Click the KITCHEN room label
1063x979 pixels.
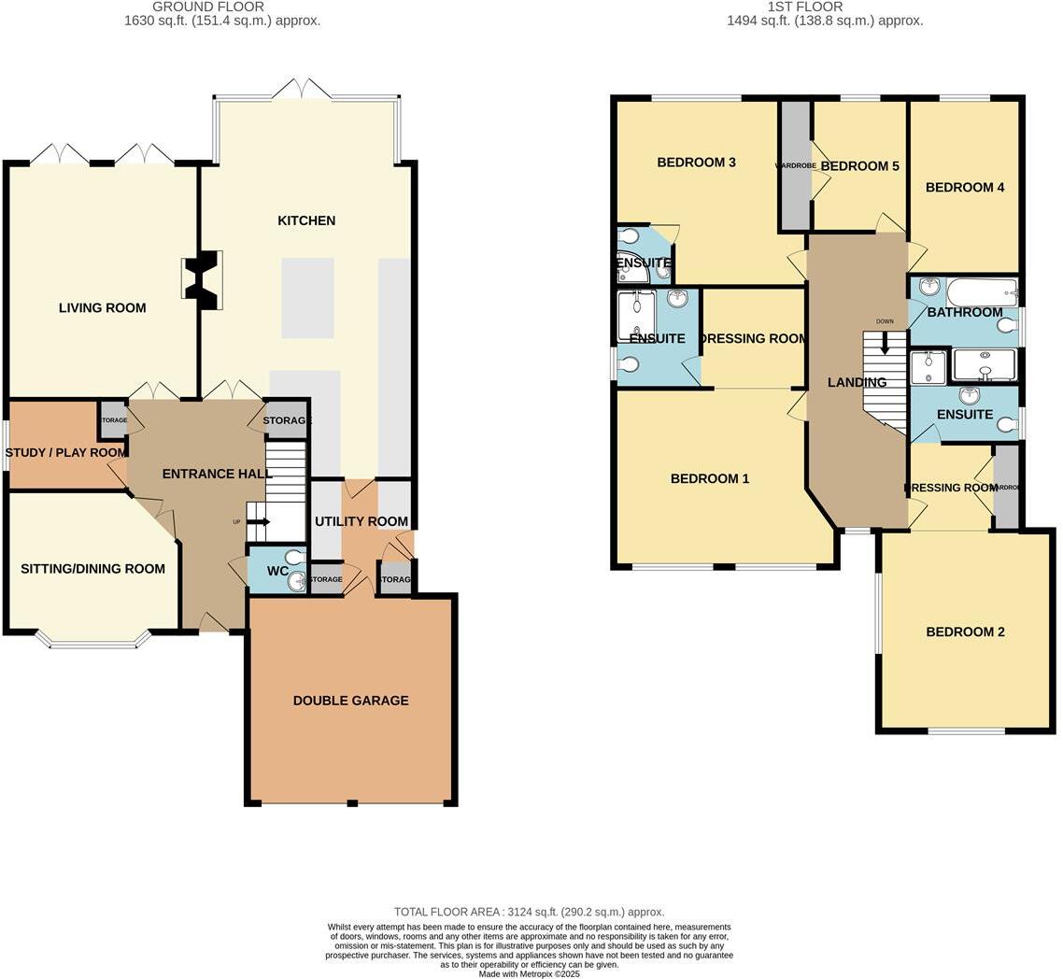coord(306,220)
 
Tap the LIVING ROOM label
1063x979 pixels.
coord(102,307)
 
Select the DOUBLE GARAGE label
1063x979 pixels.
coord(350,701)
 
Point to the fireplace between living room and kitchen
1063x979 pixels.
coord(204,278)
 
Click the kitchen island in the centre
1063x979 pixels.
coord(307,297)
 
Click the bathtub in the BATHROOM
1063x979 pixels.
coord(980,293)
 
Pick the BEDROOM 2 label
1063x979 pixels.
coord(965,632)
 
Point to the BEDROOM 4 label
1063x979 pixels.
coord(965,188)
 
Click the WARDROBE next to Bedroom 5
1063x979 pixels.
coord(796,166)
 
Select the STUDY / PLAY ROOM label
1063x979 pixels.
coord(65,453)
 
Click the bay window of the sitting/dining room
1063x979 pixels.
coord(92,641)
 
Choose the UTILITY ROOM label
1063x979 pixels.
coord(361,521)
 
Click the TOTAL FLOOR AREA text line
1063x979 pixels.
coord(529,912)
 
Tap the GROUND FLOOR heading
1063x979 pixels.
coord(221,7)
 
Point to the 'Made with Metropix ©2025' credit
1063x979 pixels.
coord(529,973)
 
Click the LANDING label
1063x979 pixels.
coord(857,382)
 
